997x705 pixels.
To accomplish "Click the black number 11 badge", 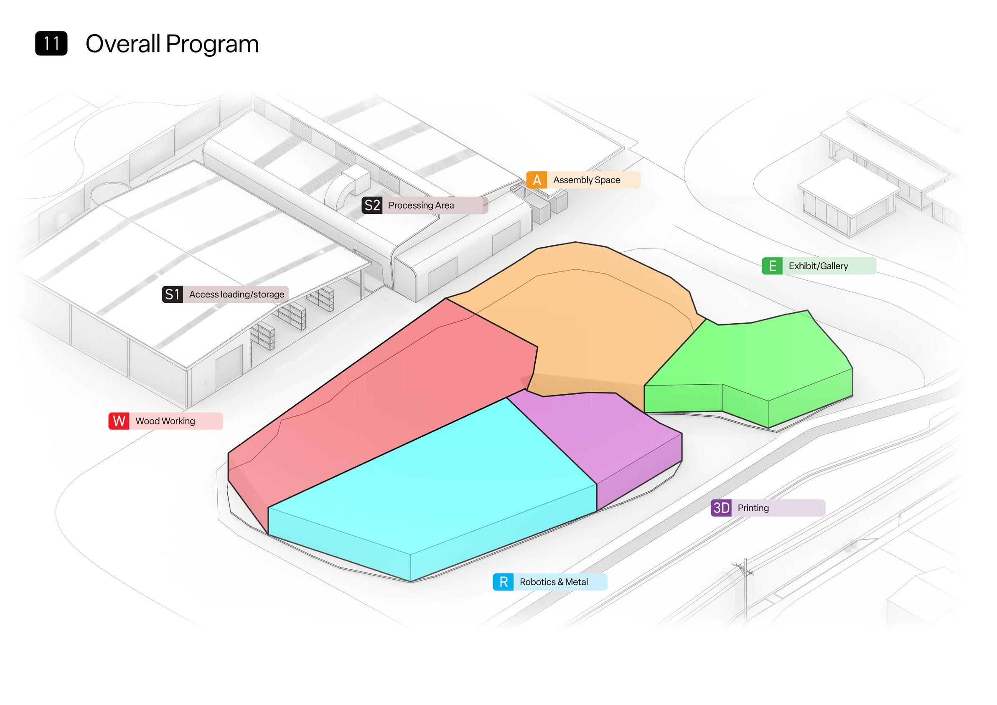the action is click(x=51, y=43).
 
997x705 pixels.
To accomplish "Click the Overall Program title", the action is click(x=172, y=44).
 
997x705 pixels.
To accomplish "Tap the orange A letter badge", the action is click(x=537, y=180).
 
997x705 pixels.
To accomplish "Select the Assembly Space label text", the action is click(x=586, y=180).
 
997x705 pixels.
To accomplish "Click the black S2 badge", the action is click(x=372, y=205).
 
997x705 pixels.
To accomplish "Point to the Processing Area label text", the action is click(x=421, y=205).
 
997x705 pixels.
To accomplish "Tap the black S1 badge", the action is click(x=173, y=294).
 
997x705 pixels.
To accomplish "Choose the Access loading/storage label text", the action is click(x=236, y=294).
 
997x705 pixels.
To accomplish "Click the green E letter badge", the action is click(x=773, y=266).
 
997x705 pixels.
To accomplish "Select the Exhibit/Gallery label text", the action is click(x=818, y=266).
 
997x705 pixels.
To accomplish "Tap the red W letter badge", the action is click(x=119, y=421).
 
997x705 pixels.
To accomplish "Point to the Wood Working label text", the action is click(x=165, y=421).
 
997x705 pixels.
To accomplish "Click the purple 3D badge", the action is click(x=721, y=508).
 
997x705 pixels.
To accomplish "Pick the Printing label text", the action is click(x=753, y=508).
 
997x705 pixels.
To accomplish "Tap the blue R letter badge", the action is click(x=503, y=582).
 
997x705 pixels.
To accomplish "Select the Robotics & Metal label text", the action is click(x=554, y=582).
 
